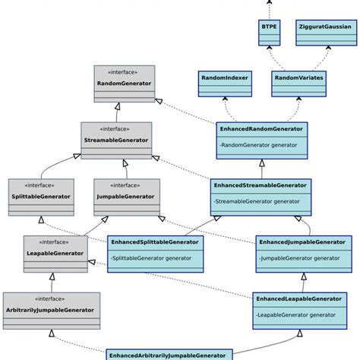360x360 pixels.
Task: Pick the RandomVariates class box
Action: point(298,78)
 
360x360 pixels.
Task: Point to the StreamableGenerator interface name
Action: point(116,139)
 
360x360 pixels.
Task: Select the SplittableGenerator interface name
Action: point(41,196)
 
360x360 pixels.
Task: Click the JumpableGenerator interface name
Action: point(127,196)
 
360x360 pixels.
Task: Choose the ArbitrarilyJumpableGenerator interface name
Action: point(51,309)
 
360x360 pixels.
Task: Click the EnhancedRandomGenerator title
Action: point(261,129)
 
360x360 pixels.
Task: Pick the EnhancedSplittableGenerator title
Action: point(154,242)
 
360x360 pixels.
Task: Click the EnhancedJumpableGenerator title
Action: point(302,242)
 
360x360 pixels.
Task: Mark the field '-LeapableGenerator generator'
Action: point(296,314)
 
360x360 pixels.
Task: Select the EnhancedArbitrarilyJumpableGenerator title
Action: point(168,355)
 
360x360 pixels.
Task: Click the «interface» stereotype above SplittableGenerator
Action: point(41,185)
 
